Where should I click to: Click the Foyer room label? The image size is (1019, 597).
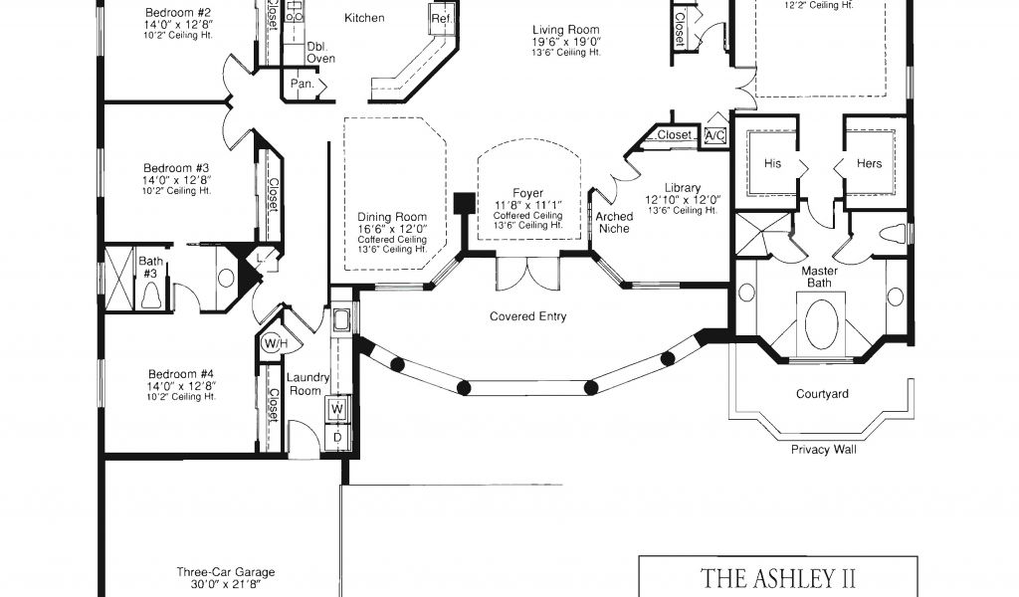point(527,193)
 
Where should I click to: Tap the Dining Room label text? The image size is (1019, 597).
point(392,217)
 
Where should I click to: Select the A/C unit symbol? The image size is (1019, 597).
point(714,135)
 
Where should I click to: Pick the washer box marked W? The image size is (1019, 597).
point(337,409)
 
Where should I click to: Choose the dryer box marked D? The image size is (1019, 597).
point(337,437)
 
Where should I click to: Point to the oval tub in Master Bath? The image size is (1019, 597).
point(821,324)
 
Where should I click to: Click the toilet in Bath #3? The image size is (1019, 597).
point(150,296)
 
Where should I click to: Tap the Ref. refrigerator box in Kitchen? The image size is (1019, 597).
point(442,18)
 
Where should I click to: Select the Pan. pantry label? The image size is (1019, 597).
point(303,84)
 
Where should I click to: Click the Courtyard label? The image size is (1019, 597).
point(822,394)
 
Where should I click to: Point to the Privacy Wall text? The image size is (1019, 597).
point(823,450)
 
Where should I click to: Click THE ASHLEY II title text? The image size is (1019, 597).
point(777,577)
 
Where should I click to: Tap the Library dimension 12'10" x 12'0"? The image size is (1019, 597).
point(683,200)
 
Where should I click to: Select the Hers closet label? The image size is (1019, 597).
point(869,164)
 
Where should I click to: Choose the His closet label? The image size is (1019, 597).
point(772,164)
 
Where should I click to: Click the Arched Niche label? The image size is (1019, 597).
point(614,222)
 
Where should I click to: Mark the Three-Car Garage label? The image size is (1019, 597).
point(226,572)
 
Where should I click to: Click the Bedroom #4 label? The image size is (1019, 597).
point(181,374)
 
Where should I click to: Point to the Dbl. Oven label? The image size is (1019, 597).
point(320,53)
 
